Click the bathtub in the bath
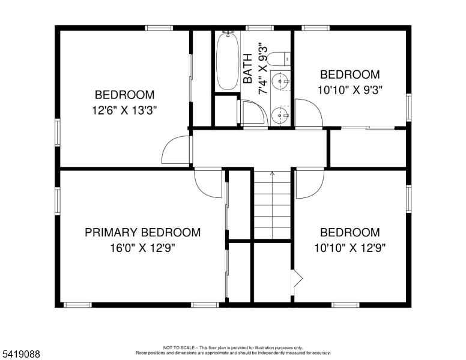[226, 61]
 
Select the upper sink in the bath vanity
[280, 80]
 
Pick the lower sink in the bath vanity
[280, 115]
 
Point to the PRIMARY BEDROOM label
[142, 233]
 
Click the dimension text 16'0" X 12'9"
[142, 247]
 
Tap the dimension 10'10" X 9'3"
[349, 89]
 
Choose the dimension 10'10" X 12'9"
[349, 247]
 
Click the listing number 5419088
[21, 355]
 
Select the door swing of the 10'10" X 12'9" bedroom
[310, 183]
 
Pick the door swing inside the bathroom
[253, 113]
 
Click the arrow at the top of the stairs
[271, 174]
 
